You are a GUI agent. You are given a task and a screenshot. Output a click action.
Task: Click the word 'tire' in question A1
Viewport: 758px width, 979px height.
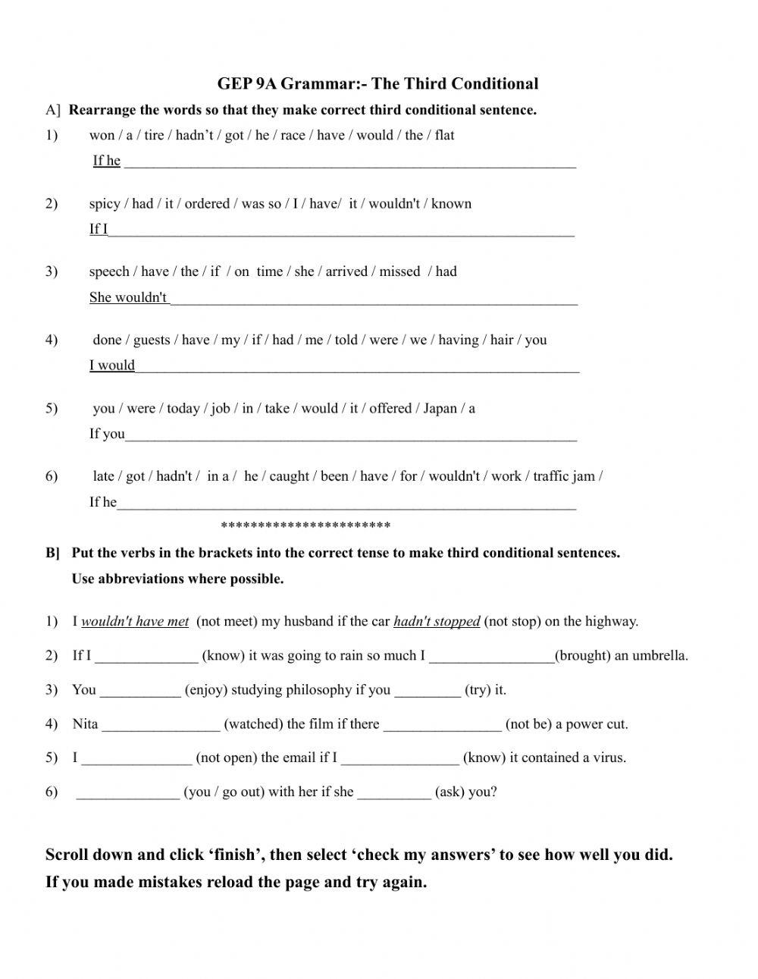click(154, 135)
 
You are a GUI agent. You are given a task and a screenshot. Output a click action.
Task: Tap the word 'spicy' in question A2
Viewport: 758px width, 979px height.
click(105, 203)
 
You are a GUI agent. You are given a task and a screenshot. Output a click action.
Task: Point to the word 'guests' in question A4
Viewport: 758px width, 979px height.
click(152, 340)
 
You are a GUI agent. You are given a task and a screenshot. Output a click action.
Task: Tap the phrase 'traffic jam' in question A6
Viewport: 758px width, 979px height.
click(565, 476)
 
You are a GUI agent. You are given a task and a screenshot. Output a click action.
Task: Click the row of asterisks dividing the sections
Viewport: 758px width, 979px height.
click(305, 526)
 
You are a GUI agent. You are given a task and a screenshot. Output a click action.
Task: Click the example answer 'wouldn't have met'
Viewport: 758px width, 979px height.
click(135, 622)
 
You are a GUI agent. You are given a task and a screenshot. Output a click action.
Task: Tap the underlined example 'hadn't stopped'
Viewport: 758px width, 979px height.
click(437, 622)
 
